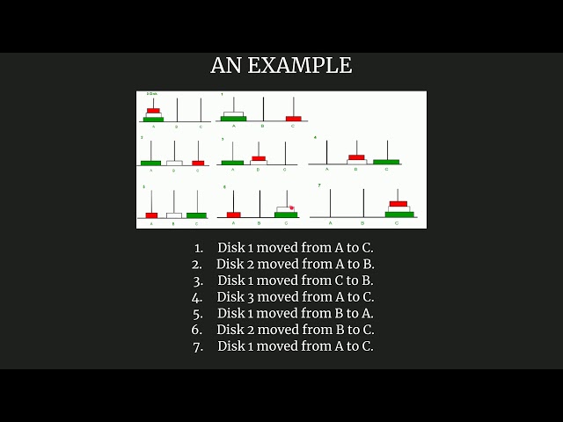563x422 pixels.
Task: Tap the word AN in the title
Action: click(x=225, y=66)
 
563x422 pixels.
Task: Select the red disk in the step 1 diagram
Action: click(x=293, y=118)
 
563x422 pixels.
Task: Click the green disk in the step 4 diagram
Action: click(x=385, y=162)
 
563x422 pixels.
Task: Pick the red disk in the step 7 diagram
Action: click(x=398, y=203)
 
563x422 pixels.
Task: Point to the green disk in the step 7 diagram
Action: click(x=398, y=214)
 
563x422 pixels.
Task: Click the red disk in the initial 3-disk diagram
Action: click(x=153, y=110)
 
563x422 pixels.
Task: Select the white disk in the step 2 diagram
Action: click(x=174, y=163)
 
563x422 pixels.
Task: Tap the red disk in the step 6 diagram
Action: click(x=233, y=214)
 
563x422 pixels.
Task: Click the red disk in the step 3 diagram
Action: click(x=258, y=158)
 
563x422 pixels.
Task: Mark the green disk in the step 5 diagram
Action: click(x=196, y=215)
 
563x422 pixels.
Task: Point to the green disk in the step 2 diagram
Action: click(x=150, y=163)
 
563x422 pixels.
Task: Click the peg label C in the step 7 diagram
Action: click(x=396, y=223)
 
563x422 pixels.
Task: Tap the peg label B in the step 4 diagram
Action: click(x=355, y=169)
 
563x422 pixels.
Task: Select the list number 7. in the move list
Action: click(x=198, y=346)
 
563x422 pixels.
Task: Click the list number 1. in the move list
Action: click(x=198, y=248)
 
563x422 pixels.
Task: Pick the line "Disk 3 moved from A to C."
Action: click(x=296, y=297)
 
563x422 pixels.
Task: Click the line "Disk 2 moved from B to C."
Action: click(x=296, y=330)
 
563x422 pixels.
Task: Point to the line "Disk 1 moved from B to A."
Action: click(x=296, y=314)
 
